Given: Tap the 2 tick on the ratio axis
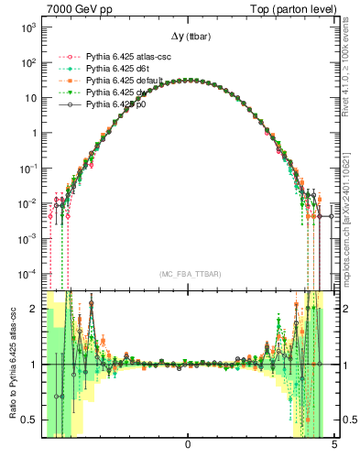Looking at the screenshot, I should [x=34, y=309].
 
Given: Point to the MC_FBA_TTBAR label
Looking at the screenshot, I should [x=187, y=275].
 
